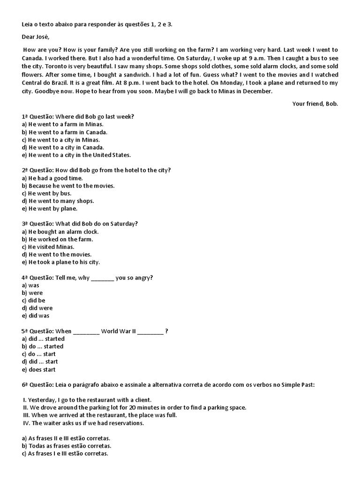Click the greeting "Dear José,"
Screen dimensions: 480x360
[x=35, y=37]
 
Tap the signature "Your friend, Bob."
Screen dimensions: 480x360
[x=315, y=104]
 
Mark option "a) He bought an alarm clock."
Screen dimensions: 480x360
[x=60, y=232]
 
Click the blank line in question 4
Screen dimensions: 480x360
[x=102, y=277]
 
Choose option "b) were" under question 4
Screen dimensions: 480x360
[x=32, y=293]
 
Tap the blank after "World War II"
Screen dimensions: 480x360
[x=150, y=331]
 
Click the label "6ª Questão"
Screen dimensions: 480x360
[x=38, y=384]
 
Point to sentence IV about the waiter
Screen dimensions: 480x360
[x=83, y=423]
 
